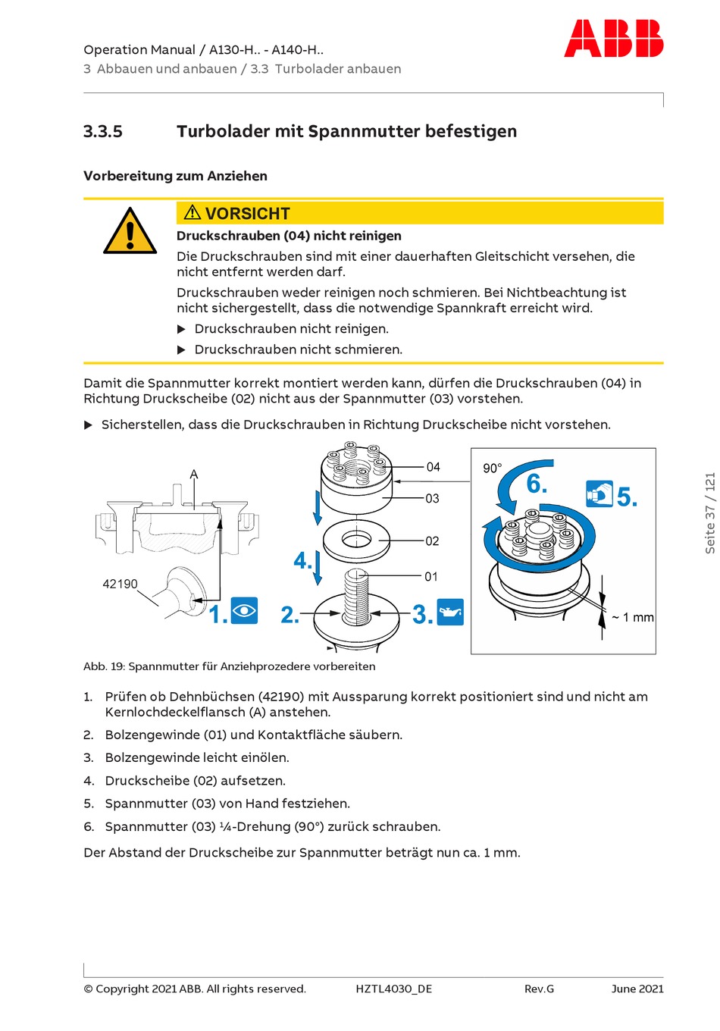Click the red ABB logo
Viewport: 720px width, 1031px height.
[613, 39]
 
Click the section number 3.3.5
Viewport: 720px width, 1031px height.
[103, 131]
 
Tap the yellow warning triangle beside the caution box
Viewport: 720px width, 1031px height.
[130, 232]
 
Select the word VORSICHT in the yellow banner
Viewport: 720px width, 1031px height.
[247, 214]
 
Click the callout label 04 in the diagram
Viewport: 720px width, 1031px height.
[433, 467]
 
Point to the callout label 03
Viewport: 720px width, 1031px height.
[432, 498]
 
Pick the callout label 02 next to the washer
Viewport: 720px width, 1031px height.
[432, 541]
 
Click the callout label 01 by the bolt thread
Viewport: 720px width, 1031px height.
[431, 577]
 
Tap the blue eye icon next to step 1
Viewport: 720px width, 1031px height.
[244, 611]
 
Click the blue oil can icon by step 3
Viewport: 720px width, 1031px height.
[450, 613]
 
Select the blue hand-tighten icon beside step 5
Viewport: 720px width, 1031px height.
[599, 494]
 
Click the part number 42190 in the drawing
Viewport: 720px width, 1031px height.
[120, 584]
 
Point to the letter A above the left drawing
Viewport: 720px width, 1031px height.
[194, 475]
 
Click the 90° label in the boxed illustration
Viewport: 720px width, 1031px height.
[492, 468]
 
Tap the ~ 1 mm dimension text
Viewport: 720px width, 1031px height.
[633, 618]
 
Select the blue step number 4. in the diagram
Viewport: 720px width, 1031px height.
[302, 561]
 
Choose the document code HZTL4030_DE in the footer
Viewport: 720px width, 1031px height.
[393, 989]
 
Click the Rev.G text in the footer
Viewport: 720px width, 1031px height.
[539, 989]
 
